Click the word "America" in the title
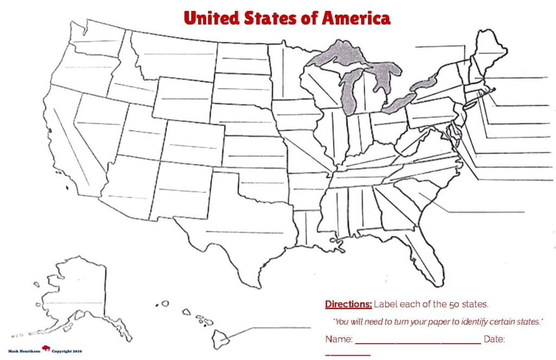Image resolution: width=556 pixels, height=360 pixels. click(x=356, y=18)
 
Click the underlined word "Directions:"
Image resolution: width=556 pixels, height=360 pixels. click(x=348, y=304)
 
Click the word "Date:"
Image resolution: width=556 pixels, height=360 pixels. click(x=494, y=339)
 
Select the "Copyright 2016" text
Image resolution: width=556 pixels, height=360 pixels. click(x=68, y=351)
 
